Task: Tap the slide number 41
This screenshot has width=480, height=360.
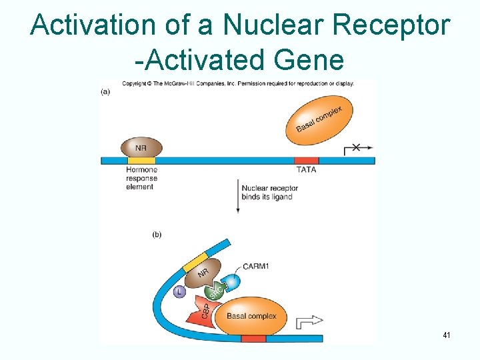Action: click(447, 335)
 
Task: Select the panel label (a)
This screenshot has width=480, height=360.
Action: click(105, 91)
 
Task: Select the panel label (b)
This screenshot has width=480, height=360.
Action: click(157, 234)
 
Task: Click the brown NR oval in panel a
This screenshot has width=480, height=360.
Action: click(141, 148)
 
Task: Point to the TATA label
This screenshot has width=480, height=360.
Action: click(306, 170)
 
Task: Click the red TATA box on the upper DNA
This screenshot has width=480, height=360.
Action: click(306, 160)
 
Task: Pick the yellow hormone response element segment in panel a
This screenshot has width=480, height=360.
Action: click(141, 160)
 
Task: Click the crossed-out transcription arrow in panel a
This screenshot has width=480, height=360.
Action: click(357, 148)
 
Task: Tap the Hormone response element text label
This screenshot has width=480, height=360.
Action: click(141, 178)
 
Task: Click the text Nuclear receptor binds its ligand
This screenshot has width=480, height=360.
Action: click(269, 192)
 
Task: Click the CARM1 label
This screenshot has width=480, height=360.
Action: click(257, 266)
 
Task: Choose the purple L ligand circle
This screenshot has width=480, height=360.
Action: click(179, 291)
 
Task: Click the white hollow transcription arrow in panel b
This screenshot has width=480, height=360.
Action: click(308, 321)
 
